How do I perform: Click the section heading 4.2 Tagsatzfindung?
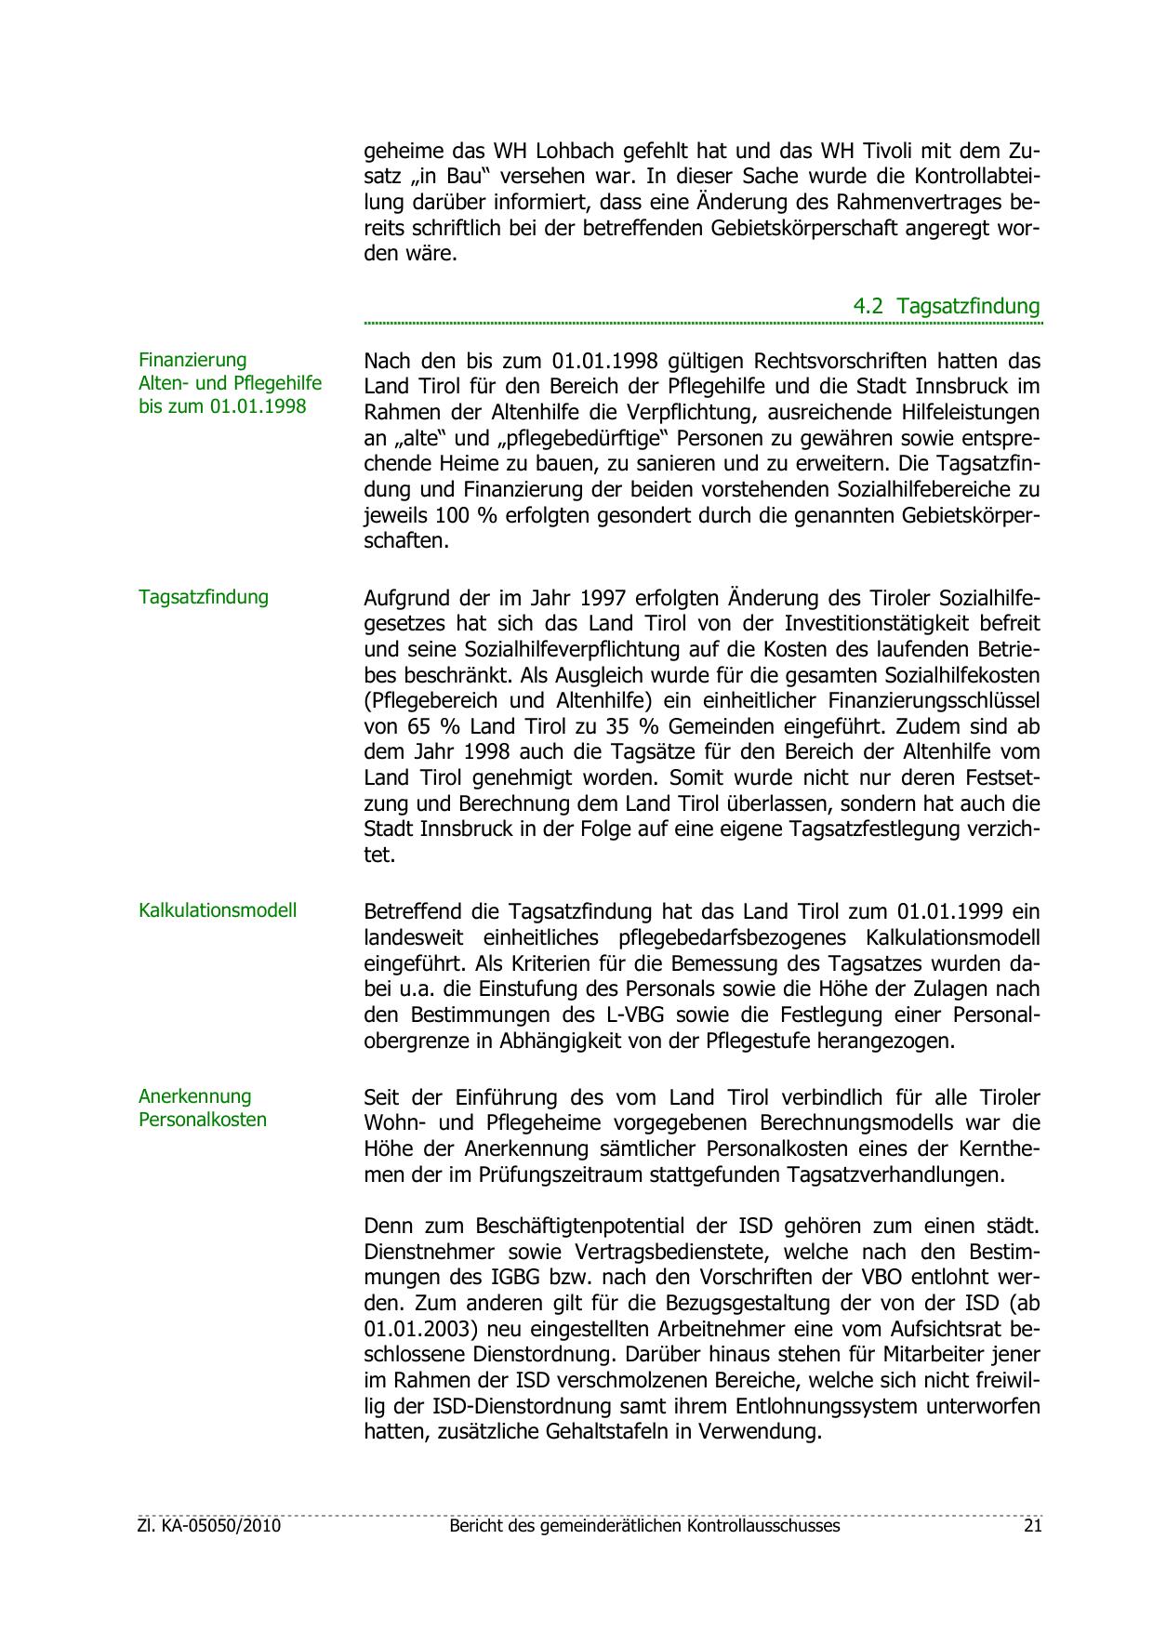coord(947,306)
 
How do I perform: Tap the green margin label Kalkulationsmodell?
coord(218,910)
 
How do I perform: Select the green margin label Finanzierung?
coord(192,360)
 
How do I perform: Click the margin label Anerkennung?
coord(195,1096)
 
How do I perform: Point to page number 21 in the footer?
coord(1031,1526)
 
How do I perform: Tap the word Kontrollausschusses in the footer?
coord(763,1526)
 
